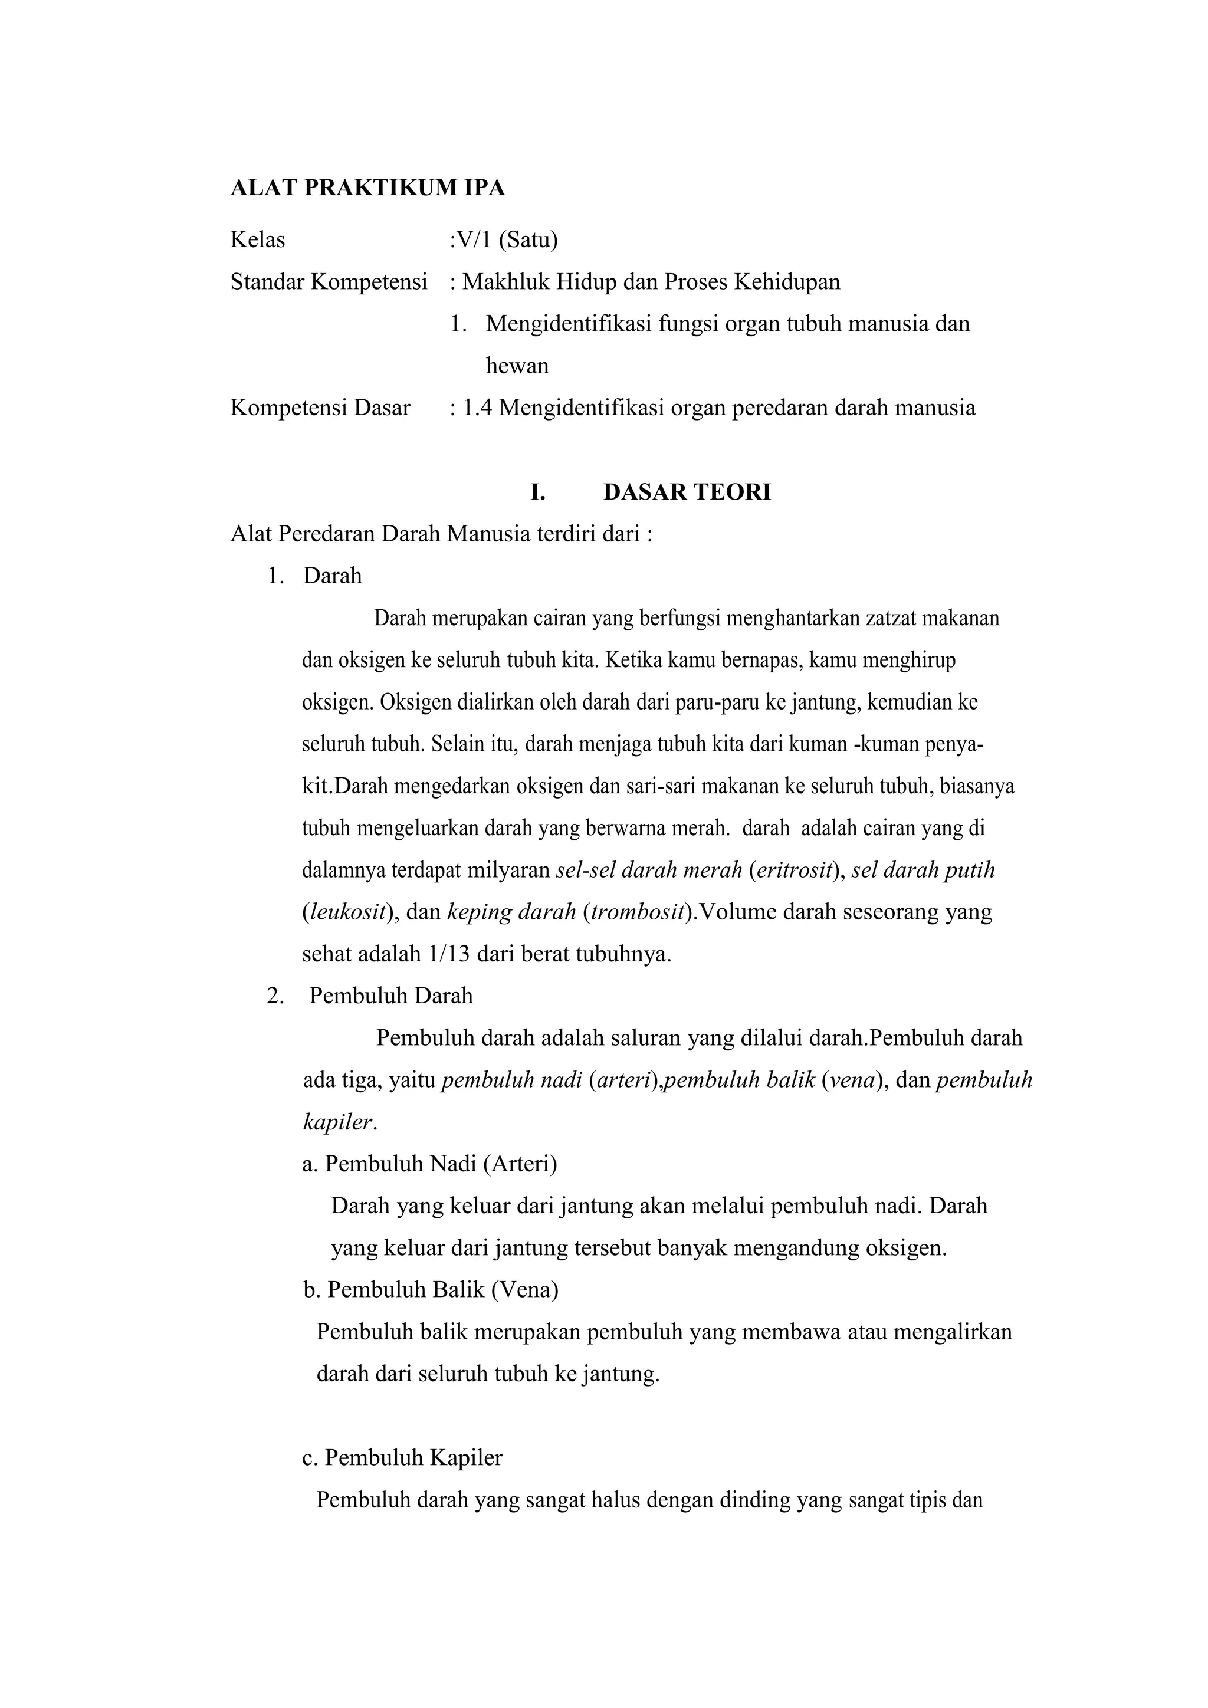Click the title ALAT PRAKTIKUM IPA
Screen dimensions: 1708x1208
tap(367, 188)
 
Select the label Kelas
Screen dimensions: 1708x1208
tap(257, 239)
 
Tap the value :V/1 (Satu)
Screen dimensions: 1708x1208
tap(504, 239)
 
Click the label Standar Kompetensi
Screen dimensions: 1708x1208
tap(329, 282)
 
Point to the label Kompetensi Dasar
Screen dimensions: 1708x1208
tap(320, 408)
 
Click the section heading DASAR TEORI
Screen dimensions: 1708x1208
tap(687, 492)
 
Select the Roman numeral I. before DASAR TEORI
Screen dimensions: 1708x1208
tap(537, 492)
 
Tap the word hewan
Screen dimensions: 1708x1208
tap(517, 366)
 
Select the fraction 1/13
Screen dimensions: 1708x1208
tap(449, 954)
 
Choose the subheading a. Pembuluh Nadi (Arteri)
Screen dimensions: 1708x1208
tap(430, 1164)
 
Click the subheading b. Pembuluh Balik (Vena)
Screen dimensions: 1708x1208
tap(431, 1289)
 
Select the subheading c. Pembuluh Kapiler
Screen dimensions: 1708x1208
tap(402, 1457)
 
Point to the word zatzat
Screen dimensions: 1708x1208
tap(892, 618)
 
